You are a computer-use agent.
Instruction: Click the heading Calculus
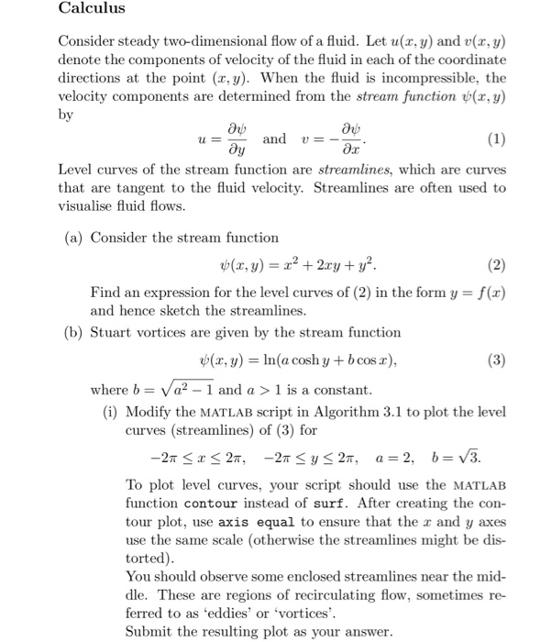coord(92,10)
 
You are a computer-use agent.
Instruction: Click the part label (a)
coord(73,238)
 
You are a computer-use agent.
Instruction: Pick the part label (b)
coord(73,332)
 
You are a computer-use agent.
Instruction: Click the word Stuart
coord(112,332)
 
